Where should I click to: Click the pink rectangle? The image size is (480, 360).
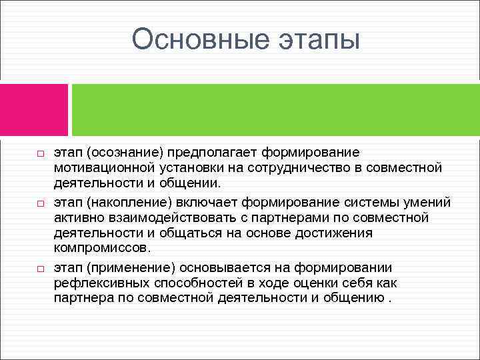[34, 110]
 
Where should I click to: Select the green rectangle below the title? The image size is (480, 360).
[275, 110]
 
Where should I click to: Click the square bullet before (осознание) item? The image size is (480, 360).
[40, 154]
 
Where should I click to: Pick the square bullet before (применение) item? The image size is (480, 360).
[40, 267]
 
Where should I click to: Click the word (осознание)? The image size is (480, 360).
[125, 153]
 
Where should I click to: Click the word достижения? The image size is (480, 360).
[338, 232]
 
